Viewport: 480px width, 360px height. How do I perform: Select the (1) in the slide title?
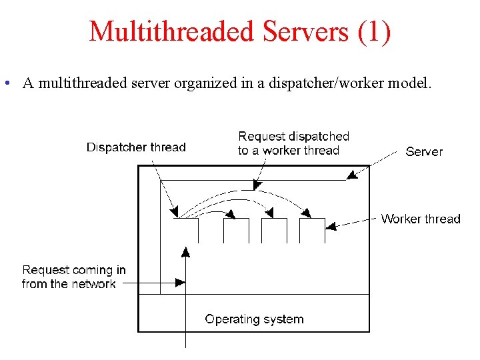pyautogui.click(x=374, y=32)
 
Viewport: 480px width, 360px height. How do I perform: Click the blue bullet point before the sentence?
pyautogui.click(x=5, y=84)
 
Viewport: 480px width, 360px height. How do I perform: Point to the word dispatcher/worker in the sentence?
pyautogui.click(x=322, y=84)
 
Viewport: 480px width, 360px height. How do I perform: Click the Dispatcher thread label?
pyautogui.click(x=136, y=147)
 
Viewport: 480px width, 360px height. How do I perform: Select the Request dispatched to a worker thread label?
pyautogui.click(x=293, y=143)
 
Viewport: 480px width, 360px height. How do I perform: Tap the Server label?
pyautogui.click(x=424, y=151)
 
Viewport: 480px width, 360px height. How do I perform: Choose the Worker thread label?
pyautogui.click(x=421, y=219)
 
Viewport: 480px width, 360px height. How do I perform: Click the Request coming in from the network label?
pyautogui.click(x=73, y=277)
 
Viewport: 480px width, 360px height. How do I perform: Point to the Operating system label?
pyautogui.click(x=254, y=319)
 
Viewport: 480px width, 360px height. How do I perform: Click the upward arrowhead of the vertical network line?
pyautogui.click(x=185, y=251)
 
